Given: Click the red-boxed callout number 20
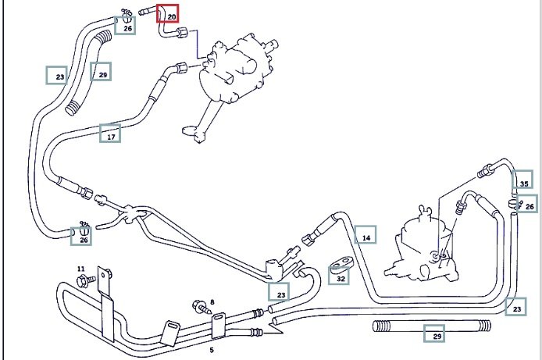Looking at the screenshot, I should click(169, 15).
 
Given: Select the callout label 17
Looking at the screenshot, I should click(111, 136).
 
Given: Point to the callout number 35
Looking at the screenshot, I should click(523, 184).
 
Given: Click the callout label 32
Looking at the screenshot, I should click(341, 276).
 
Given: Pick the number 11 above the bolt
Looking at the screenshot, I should click(80, 269).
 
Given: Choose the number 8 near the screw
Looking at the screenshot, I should click(211, 301).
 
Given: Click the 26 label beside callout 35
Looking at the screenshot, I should click(530, 206).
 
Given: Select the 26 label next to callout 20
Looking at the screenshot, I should click(127, 27).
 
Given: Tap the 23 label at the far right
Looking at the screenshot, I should click(515, 309).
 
